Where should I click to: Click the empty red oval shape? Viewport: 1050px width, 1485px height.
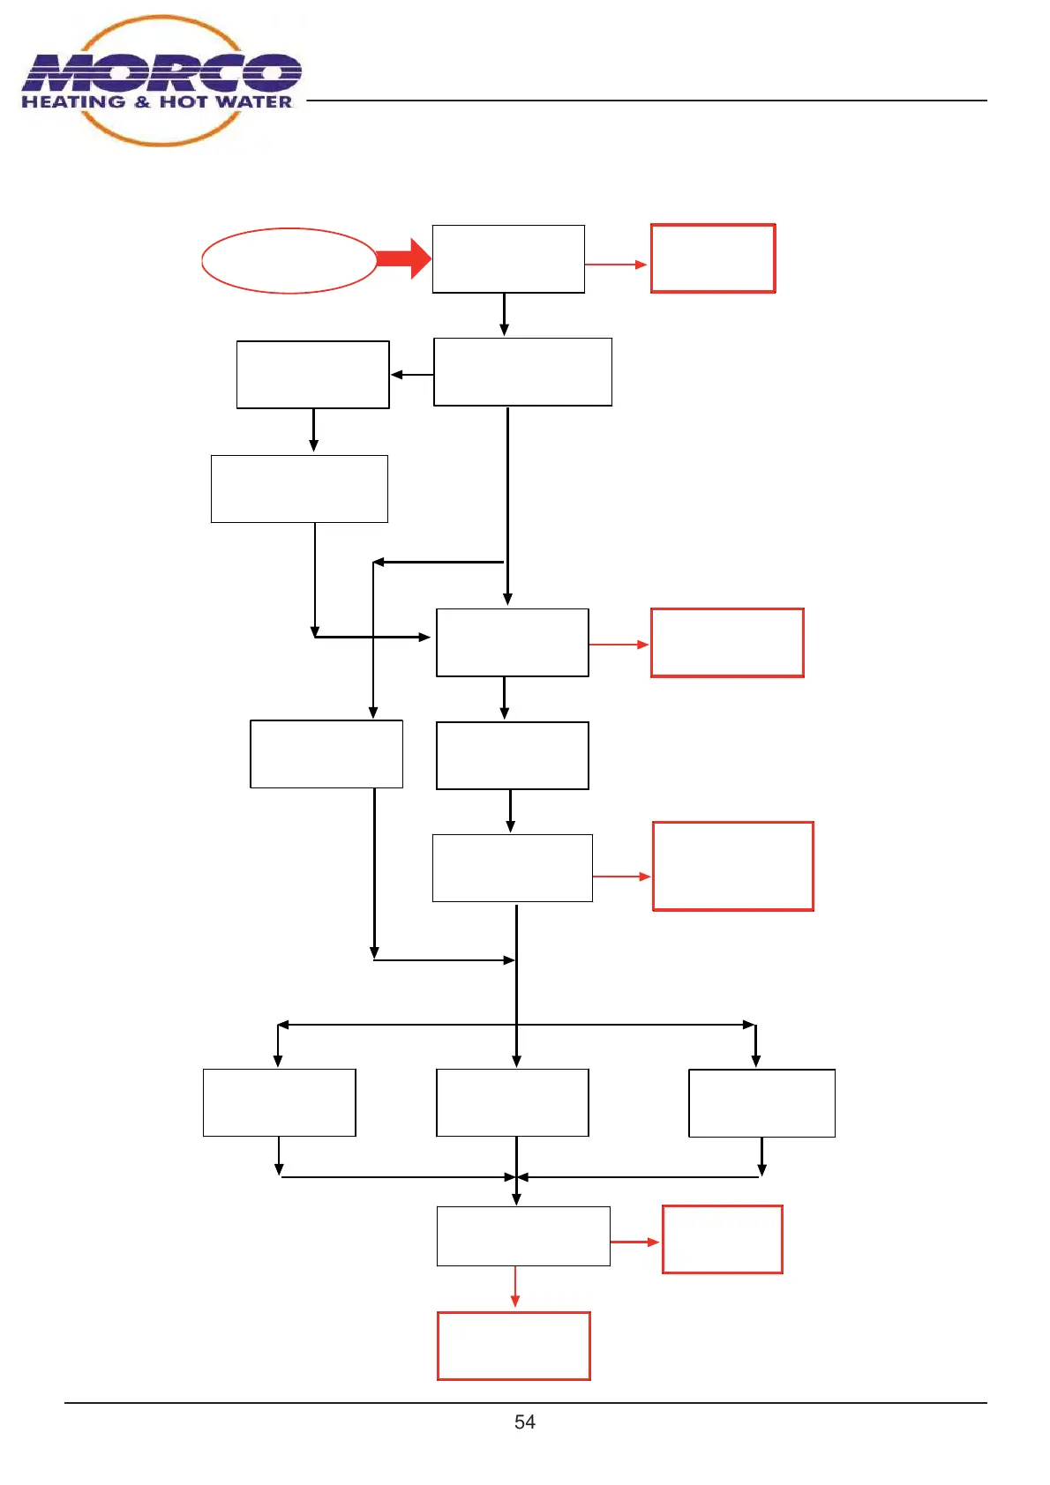(289, 261)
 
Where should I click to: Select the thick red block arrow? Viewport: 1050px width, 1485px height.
(401, 259)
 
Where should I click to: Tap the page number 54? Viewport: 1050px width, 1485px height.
(524, 1422)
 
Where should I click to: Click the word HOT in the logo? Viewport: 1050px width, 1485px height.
(183, 102)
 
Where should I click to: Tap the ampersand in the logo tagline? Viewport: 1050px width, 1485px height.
(142, 102)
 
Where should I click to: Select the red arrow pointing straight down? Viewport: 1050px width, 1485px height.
(515, 1287)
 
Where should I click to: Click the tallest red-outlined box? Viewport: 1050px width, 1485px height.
(732, 866)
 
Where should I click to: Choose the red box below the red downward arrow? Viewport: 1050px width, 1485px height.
(514, 1346)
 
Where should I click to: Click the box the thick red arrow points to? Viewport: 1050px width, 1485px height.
(508, 259)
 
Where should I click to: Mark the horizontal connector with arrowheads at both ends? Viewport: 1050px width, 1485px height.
(516, 1025)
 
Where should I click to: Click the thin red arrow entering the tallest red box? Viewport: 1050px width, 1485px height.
(621, 877)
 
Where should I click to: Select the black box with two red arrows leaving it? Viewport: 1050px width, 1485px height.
(523, 1236)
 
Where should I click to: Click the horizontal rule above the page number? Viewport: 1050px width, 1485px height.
(525, 1402)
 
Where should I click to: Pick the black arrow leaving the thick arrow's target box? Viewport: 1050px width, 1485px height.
(504, 314)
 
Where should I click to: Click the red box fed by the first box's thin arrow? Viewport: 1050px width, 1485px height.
(713, 258)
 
